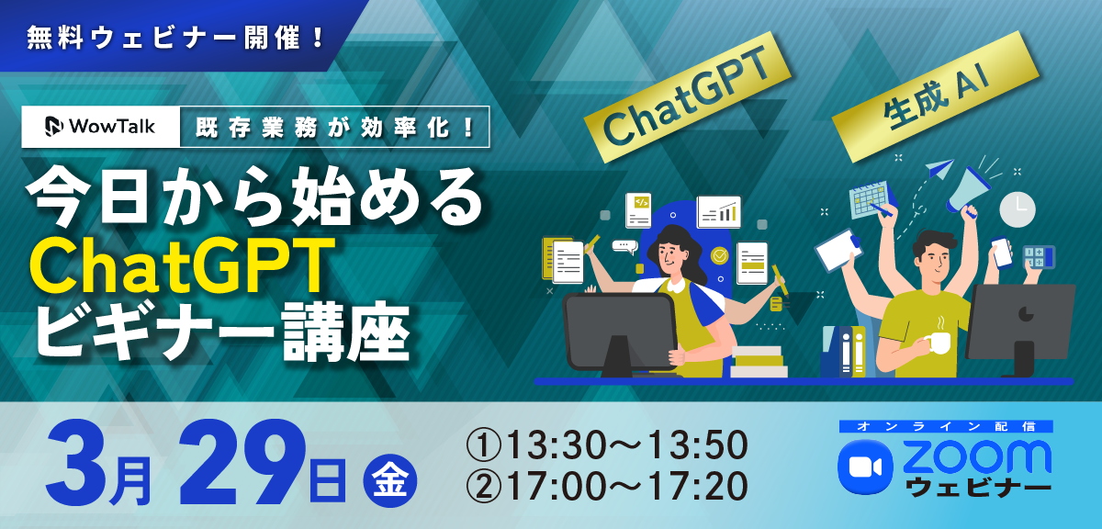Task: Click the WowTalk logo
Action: coord(100,127)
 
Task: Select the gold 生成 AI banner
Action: coord(935,96)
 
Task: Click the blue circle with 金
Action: coord(389,480)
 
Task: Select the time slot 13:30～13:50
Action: coord(607,445)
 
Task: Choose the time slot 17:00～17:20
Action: coord(607,486)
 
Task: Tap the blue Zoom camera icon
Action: coord(865,467)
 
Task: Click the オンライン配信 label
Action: coord(946,426)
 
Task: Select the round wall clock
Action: coord(1018,209)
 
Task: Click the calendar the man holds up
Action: coord(871,200)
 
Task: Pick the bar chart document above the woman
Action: coord(719,212)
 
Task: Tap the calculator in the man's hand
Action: coord(1039,257)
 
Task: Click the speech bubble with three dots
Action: coord(624,246)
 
